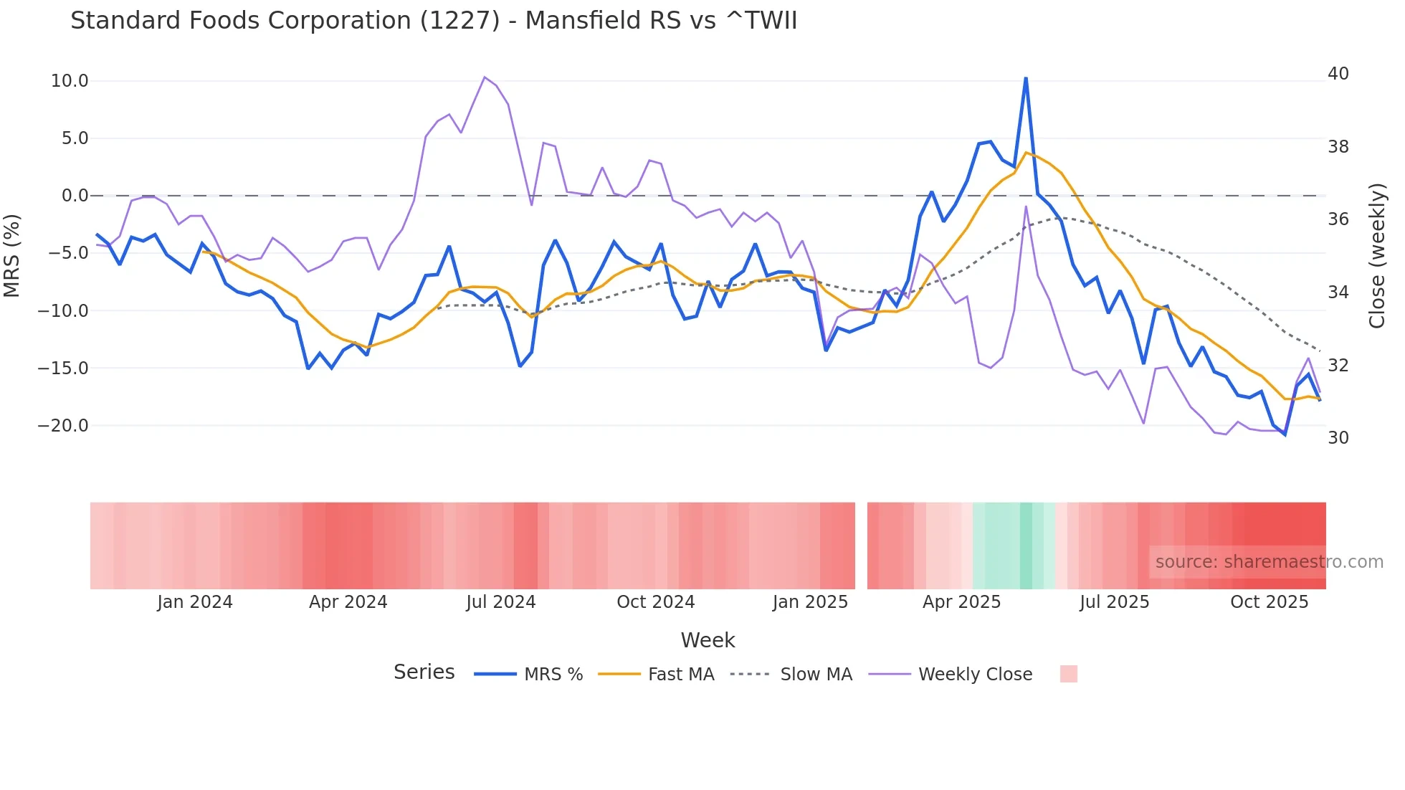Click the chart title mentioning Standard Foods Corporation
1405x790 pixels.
tap(433, 21)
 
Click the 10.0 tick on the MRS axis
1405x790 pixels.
tap(70, 81)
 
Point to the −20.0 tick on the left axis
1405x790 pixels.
tap(63, 426)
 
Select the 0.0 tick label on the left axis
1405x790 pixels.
tap(75, 196)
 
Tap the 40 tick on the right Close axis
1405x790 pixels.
tap(1338, 74)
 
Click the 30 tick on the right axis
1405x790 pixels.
tap(1338, 438)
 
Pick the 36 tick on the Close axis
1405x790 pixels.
tap(1338, 219)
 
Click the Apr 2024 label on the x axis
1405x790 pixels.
tap(348, 602)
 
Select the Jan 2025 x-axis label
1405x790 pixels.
tap(810, 602)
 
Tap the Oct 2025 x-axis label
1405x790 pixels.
tap(1269, 602)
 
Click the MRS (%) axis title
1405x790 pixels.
tap(12, 255)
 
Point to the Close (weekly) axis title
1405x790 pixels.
tap(1376, 255)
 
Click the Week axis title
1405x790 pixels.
tap(708, 640)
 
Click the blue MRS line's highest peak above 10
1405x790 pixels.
tap(1025, 78)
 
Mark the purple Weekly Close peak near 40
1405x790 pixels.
tap(485, 77)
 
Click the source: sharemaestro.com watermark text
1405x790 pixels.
tap(1269, 562)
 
